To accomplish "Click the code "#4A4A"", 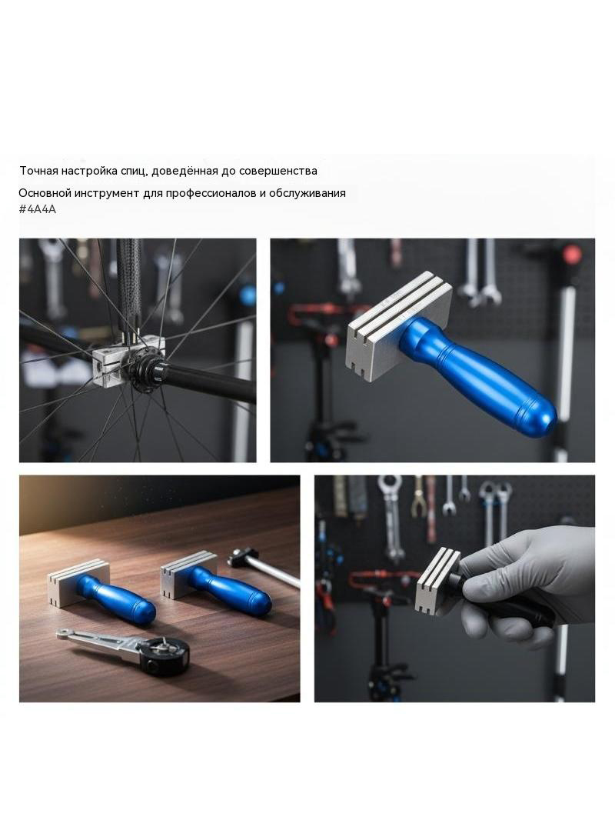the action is [37, 209].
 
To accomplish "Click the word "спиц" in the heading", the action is [134, 172].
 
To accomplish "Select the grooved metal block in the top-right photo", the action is [399, 328].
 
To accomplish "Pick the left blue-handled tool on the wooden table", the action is [102, 589].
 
